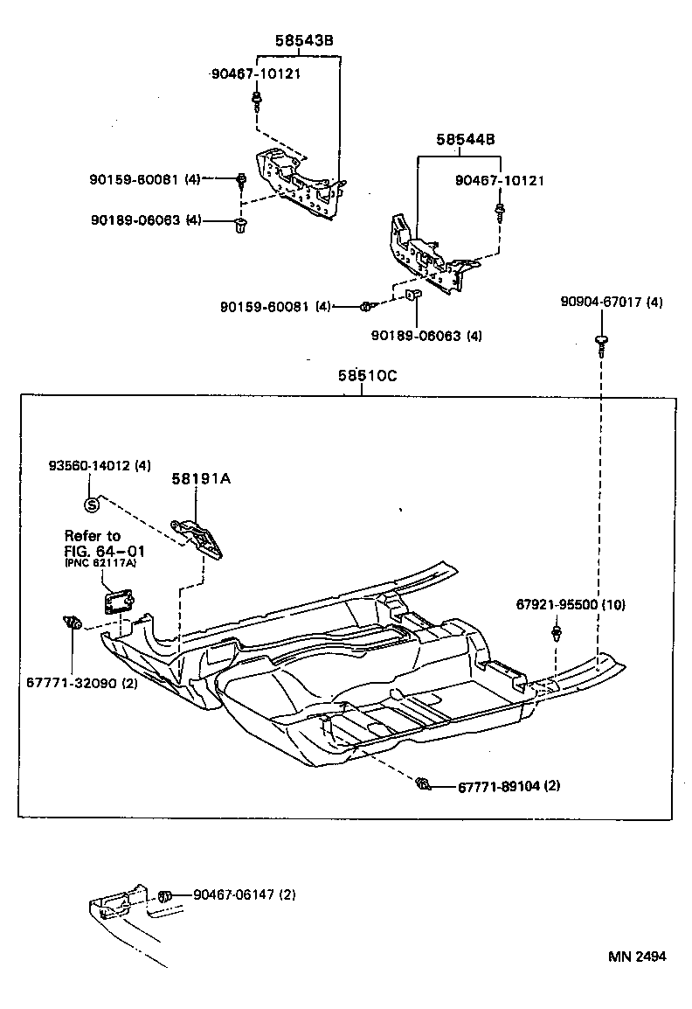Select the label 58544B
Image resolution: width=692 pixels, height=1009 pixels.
click(466, 139)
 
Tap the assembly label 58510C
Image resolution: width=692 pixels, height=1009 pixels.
click(368, 376)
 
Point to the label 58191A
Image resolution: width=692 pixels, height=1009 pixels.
click(195, 478)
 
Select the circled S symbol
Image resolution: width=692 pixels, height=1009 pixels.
click(90, 503)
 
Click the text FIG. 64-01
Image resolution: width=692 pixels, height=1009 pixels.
click(104, 551)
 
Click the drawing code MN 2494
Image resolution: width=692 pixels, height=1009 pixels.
click(637, 956)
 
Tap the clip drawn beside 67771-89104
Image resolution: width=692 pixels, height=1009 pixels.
click(424, 783)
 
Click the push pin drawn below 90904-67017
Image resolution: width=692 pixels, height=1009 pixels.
click(602, 343)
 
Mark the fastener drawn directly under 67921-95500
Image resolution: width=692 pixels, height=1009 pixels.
click(556, 632)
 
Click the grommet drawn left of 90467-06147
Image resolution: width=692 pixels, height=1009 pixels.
click(164, 895)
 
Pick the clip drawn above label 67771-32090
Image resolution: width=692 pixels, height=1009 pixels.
click(73, 623)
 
